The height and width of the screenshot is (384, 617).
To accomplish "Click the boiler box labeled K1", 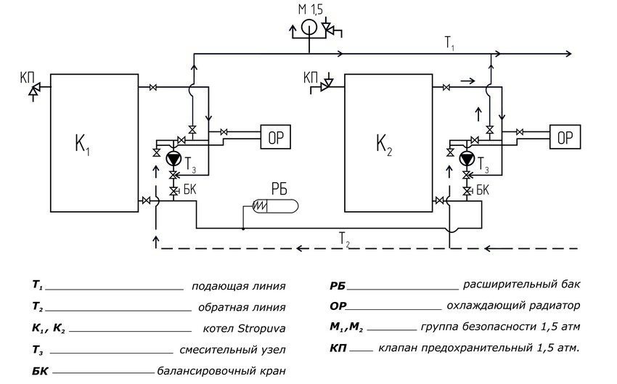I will pyautogui.click(x=94, y=142).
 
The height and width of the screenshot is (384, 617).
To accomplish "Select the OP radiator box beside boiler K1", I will pyautogui.click(x=275, y=136).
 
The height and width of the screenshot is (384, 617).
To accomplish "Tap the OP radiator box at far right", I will pyautogui.click(x=564, y=136).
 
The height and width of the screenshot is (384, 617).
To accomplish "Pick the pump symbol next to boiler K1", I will pyautogui.click(x=173, y=159).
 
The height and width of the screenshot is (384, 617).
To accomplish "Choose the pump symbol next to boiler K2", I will pyautogui.click(x=465, y=159).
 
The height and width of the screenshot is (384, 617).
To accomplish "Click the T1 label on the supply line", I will pyautogui.click(x=450, y=44).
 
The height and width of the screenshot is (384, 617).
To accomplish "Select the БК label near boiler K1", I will pyautogui.click(x=189, y=190).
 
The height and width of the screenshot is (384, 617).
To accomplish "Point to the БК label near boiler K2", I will pyautogui.click(x=482, y=190).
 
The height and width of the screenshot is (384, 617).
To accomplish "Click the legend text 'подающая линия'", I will pyautogui.click(x=238, y=286).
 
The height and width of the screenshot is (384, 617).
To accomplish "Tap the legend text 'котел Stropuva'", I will pyautogui.click(x=245, y=329).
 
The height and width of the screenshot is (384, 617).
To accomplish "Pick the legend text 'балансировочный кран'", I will pyautogui.click(x=221, y=372).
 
